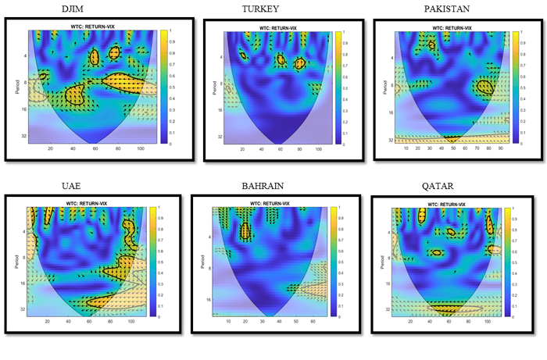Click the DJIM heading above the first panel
click(x=75, y=9)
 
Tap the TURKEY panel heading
click(x=260, y=9)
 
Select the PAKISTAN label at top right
click(x=449, y=9)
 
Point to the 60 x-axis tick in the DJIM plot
click(x=95, y=148)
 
